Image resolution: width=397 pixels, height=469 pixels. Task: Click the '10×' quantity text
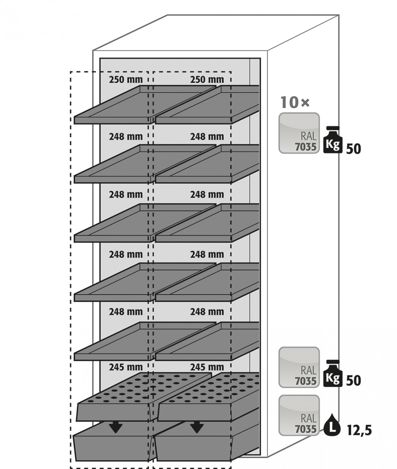[x=295, y=102]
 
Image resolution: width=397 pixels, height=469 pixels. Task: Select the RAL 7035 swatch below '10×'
[x=299, y=133]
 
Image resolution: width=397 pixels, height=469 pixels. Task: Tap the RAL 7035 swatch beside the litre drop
[x=299, y=415]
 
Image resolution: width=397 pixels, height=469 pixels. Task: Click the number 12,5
[x=359, y=430]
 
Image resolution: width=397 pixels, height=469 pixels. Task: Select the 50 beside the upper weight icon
[x=353, y=149]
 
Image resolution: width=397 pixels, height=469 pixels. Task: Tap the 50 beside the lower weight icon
[x=353, y=381]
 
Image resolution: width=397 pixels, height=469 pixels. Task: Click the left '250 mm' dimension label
[x=126, y=80]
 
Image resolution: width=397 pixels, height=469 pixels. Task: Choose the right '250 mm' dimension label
[x=207, y=80]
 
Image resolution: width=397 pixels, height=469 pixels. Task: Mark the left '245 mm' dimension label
[x=126, y=367]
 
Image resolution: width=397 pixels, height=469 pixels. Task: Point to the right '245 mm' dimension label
[x=207, y=367]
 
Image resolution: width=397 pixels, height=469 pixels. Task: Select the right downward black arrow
[x=197, y=427]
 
